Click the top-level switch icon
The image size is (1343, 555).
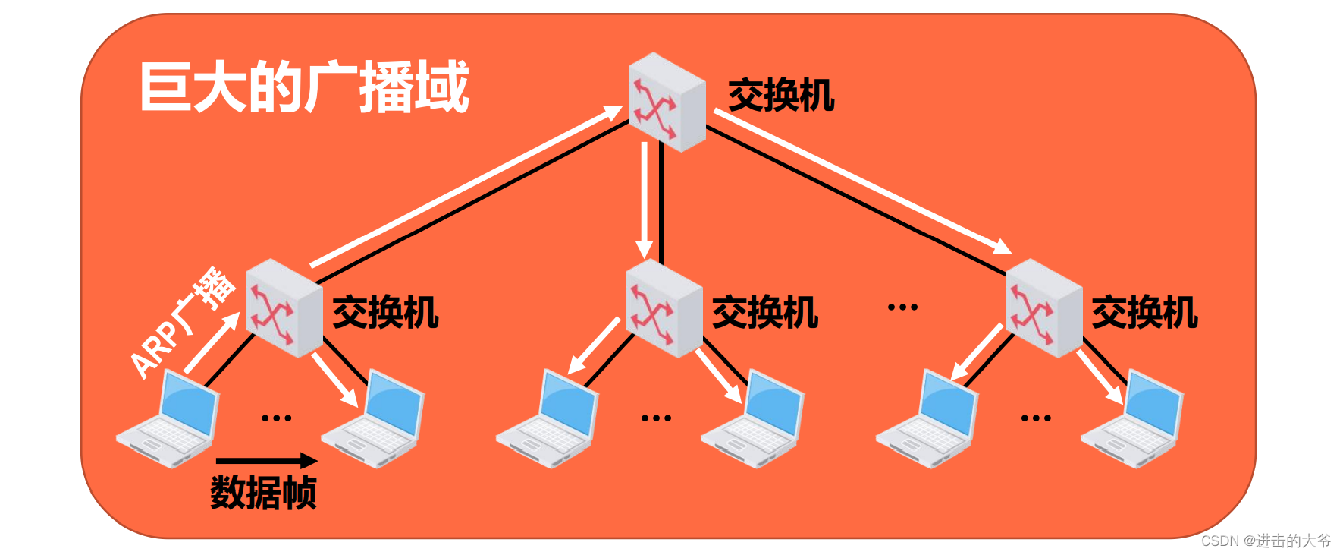pos(667,102)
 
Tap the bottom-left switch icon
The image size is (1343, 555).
pos(284,308)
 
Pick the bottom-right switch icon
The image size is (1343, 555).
pos(1043,308)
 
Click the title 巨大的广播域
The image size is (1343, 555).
pos(304,87)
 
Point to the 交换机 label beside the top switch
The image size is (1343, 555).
pos(781,96)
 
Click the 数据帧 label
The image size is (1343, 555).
pos(263,493)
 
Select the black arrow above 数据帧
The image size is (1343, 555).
pos(266,460)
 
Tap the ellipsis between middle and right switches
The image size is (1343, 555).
pos(902,307)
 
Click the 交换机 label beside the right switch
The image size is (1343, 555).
pos(1145,313)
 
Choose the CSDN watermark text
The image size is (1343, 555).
pos(1266,541)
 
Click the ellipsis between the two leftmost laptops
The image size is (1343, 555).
pos(276,418)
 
